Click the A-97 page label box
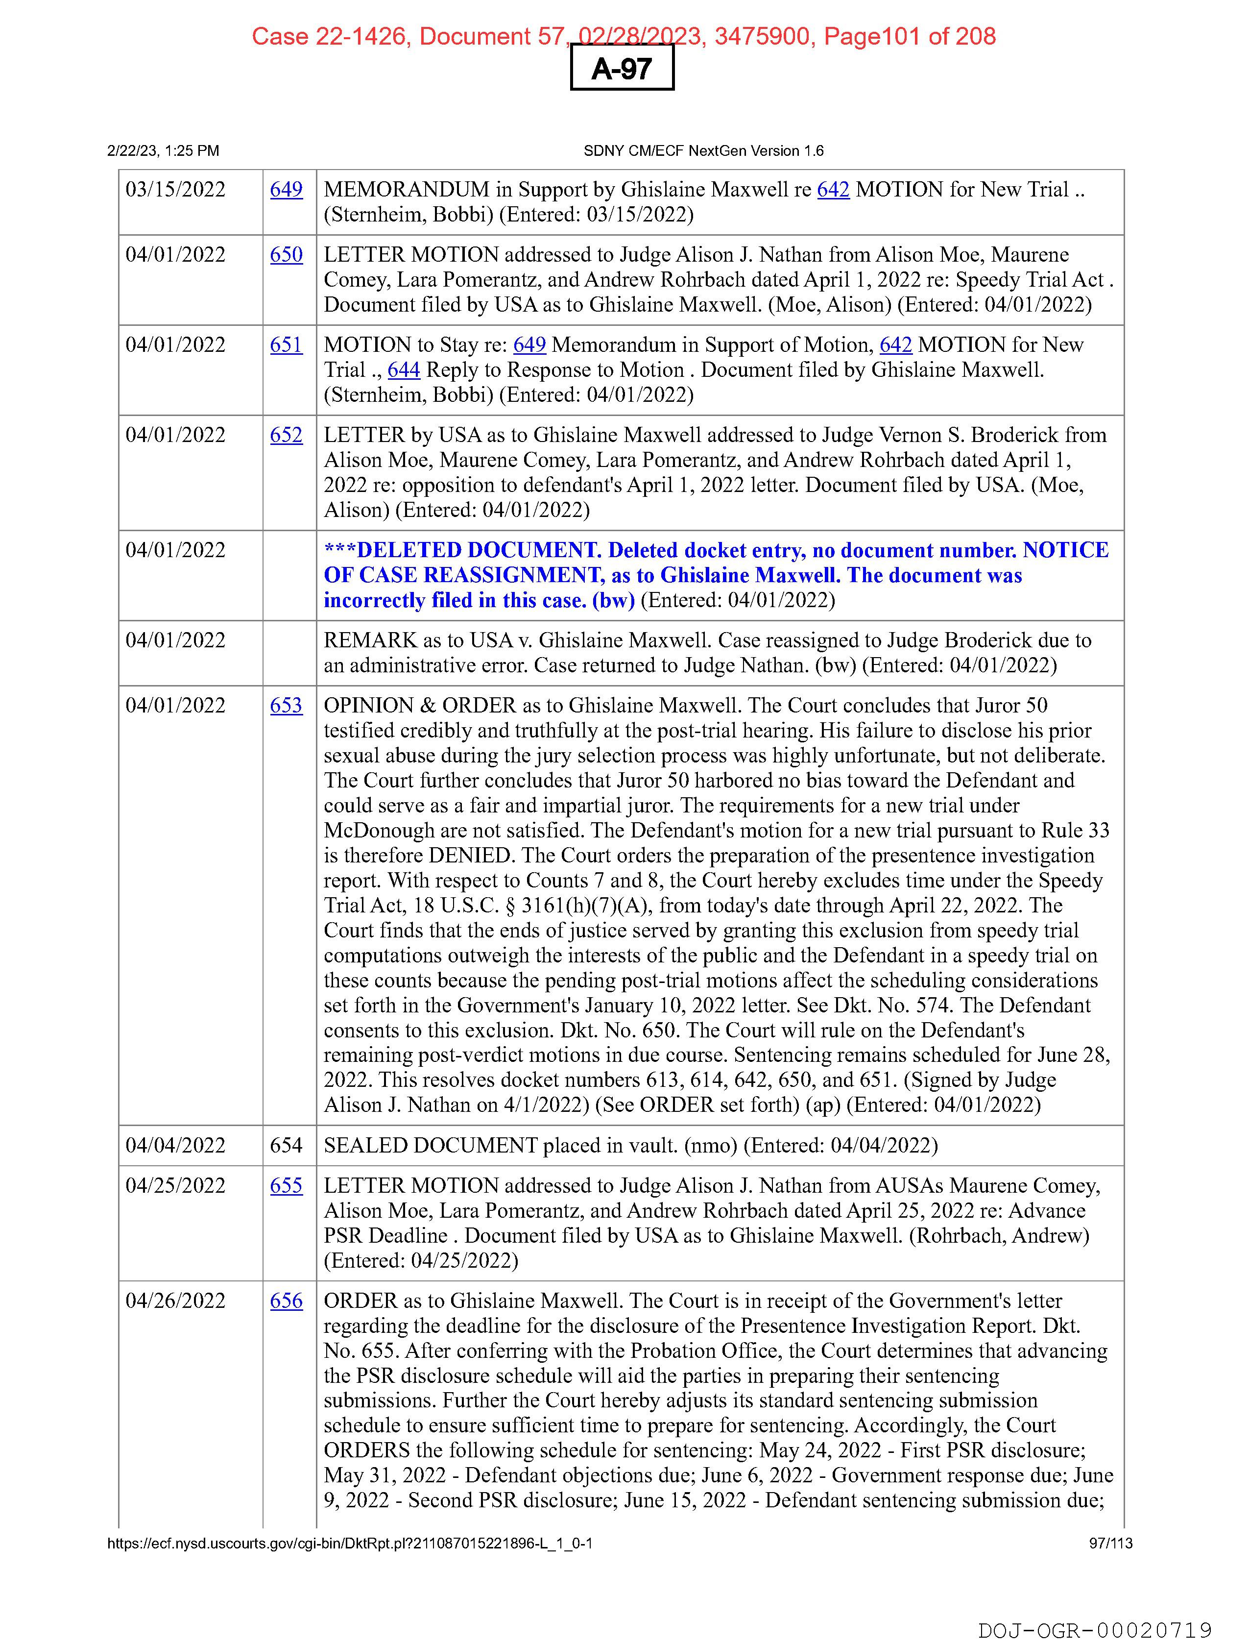click(622, 69)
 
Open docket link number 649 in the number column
click(286, 190)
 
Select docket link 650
click(286, 255)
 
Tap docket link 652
click(286, 435)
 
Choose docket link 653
click(286, 706)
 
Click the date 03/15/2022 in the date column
click(175, 190)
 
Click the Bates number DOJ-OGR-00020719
click(1094, 1630)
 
